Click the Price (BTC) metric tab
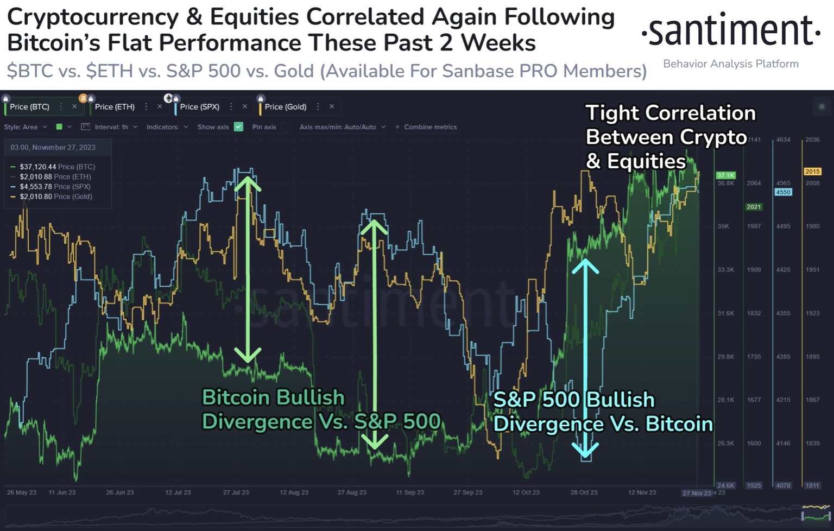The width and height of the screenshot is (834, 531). (x=30, y=107)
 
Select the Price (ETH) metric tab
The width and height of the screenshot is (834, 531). (x=115, y=107)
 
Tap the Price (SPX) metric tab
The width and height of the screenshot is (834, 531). (x=199, y=107)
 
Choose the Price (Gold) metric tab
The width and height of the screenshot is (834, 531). (x=286, y=107)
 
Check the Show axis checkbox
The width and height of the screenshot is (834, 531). (x=238, y=127)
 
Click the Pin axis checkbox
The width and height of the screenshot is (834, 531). (x=286, y=127)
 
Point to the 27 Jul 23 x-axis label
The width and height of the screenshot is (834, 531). (x=236, y=492)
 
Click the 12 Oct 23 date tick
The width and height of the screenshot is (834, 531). (x=526, y=492)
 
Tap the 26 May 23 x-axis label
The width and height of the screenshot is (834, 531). (x=22, y=492)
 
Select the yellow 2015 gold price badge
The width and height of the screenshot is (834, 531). (x=812, y=172)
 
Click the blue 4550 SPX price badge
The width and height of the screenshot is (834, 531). (x=783, y=192)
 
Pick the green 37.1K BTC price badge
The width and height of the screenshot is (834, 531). (x=725, y=175)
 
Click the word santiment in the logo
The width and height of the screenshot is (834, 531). (x=730, y=31)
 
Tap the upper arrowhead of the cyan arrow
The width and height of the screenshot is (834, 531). (x=585, y=265)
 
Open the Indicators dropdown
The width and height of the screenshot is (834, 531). (x=167, y=127)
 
